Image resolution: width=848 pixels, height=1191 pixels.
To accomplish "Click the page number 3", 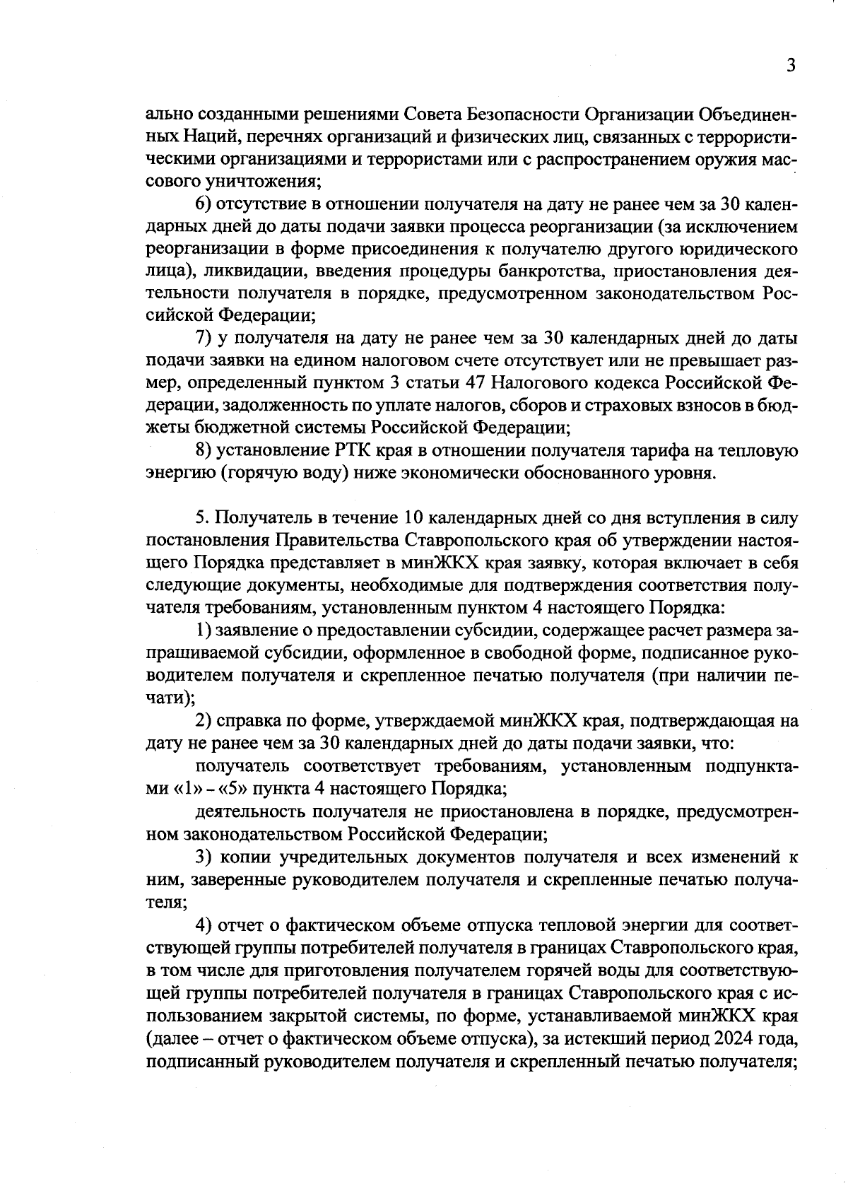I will coord(791,66).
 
